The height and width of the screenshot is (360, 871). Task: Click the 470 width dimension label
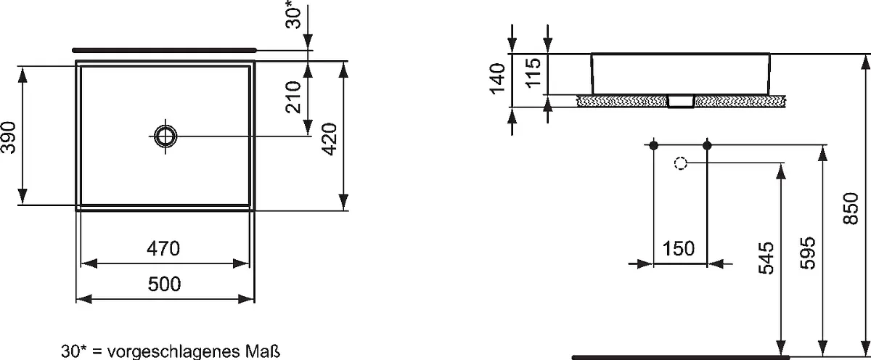tap(163, 248)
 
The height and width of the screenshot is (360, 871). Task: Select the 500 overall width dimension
tap(164, 285)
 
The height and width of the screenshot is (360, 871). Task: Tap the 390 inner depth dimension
tap(9, 137)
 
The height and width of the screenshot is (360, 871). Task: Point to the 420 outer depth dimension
tap(330, 139)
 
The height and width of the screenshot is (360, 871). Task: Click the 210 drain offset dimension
tap(293, 97)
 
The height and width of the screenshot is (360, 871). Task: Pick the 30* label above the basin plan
tap(293, 15)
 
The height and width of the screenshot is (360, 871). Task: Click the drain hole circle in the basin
tap(165, 136)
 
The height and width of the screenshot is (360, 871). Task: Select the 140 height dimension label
tap(498, 79)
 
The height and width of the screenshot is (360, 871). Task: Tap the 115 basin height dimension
tap(533, 73)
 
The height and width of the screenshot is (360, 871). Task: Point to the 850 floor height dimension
tap(851, 208)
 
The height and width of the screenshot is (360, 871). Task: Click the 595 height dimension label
tap(808, 253)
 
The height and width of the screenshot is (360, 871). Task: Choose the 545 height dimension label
tap(766, 258)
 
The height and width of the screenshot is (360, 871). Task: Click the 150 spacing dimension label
tap(678, 248)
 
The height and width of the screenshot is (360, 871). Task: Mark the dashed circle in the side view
tap(681, 163)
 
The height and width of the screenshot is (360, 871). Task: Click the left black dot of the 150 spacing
tap(653, 145)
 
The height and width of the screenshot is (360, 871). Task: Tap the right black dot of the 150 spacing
tap(707, 145)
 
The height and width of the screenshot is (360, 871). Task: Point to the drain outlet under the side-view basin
tap(681, 101)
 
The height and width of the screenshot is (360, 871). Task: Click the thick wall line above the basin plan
tap(165, 50)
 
